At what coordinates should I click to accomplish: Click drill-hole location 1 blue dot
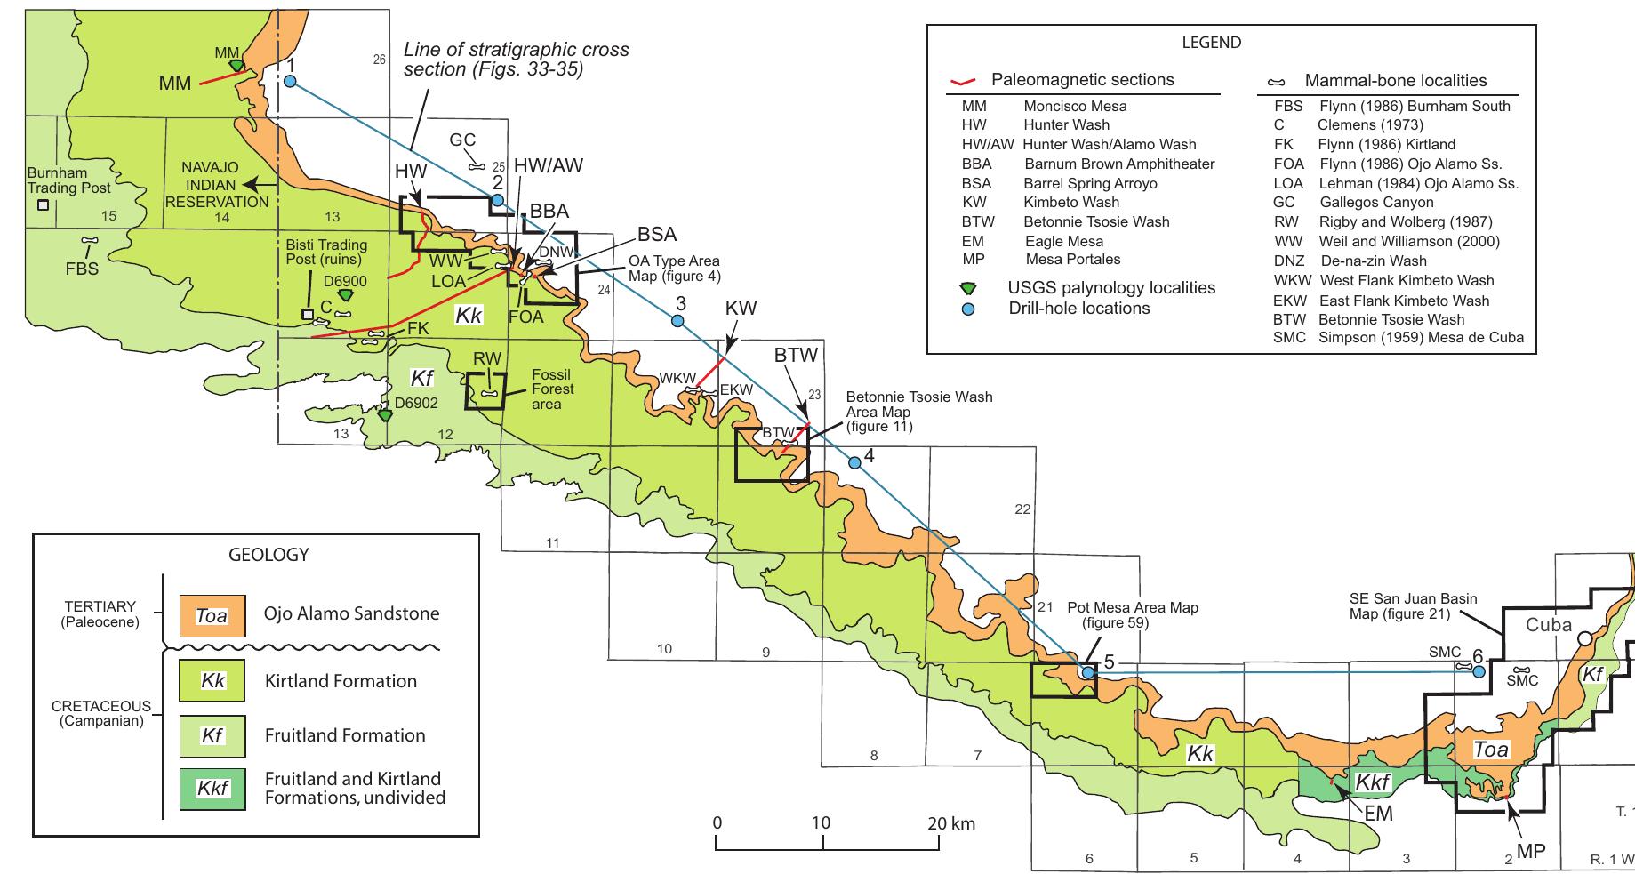tap(290, 82)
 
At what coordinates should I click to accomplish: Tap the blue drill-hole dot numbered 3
tap(677, 320)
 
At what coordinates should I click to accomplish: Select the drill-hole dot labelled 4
tap(854, 462)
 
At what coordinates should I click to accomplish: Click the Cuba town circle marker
tap(1584, 638)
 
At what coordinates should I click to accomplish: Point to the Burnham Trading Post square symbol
tap(42, 205)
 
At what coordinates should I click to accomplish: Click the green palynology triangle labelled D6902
tap(385, 415)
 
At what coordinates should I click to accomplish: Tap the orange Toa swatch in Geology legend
tap(212, 614)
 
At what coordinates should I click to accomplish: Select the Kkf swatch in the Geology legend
tap(212, 787)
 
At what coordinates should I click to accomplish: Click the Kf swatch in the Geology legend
tap(212, 735)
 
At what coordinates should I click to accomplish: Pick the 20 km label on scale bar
tap(950, 823)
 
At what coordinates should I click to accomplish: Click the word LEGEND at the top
tap(1211, 43)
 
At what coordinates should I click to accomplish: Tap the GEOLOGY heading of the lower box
tap(268, 555)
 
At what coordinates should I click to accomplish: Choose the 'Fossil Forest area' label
tap(552, 389)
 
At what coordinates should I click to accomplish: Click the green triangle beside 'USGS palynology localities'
tap(970, 288)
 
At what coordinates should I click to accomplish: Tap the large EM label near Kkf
tap(1379, 813)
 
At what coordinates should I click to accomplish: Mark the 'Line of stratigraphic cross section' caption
tap(516, 60)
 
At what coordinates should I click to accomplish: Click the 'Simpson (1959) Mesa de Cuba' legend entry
tap(1420, 338)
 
